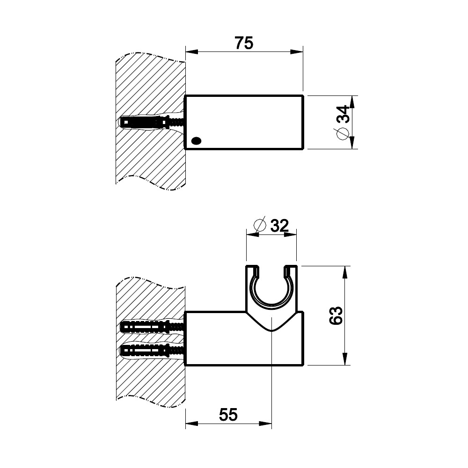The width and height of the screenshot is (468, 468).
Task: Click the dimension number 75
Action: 244,43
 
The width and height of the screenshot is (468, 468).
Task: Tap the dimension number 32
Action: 279,226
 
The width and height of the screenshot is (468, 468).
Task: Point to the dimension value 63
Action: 336,315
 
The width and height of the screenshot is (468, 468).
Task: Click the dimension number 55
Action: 228,415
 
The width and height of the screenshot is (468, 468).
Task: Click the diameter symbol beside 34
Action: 343,133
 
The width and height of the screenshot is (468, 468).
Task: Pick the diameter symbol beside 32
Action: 259,226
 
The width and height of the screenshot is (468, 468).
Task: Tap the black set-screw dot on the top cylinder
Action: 196,140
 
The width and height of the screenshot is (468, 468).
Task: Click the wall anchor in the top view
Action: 152,122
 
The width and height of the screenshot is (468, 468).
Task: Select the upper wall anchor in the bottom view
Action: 152,328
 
